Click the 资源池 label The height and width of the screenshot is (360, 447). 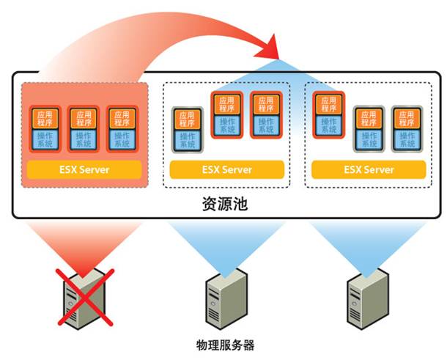point(224,204)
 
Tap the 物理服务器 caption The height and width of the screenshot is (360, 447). point(225,344)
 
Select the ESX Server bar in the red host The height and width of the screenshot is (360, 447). point(84,169)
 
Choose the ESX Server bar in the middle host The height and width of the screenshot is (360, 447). point(226,169)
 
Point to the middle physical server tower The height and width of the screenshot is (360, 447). point(225,297)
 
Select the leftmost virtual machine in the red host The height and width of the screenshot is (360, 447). point(45,129)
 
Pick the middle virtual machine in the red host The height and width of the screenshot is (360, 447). point(84,129)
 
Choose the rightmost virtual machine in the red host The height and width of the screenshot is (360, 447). point(122,129)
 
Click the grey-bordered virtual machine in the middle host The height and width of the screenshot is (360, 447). point(187,130)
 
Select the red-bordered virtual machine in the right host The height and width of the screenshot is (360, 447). point(329,115)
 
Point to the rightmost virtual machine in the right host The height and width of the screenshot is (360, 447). point(407,130)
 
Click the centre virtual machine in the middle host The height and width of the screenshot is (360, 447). point(226,115)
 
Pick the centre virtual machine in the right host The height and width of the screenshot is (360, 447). point(368,130)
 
